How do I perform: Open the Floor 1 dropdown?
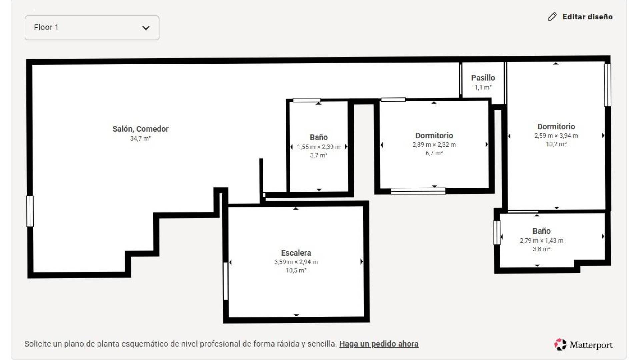(92, 28)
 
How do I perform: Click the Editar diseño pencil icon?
(552, 17)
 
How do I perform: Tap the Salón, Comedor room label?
(140, 129)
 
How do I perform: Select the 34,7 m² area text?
(140, 138)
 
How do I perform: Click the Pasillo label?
(483, 78)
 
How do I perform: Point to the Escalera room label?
(296, 253)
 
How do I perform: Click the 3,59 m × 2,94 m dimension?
(296, 262)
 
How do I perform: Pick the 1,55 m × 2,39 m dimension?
(319, 147)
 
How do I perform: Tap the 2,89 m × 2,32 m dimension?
(434, 145)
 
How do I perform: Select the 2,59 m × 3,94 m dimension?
(556, 136)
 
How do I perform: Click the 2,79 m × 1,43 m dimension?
(541, 241)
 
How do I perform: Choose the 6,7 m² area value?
(434, 153)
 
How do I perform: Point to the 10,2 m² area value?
(556, 144)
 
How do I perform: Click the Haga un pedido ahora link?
(379, 344)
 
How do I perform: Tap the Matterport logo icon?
(560, 345)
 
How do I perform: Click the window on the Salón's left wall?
(30, 211)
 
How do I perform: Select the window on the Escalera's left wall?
(226, 281)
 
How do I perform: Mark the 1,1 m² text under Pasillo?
(483, 87)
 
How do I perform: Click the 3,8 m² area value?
(541, 249)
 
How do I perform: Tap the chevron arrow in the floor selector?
(146, 28)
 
